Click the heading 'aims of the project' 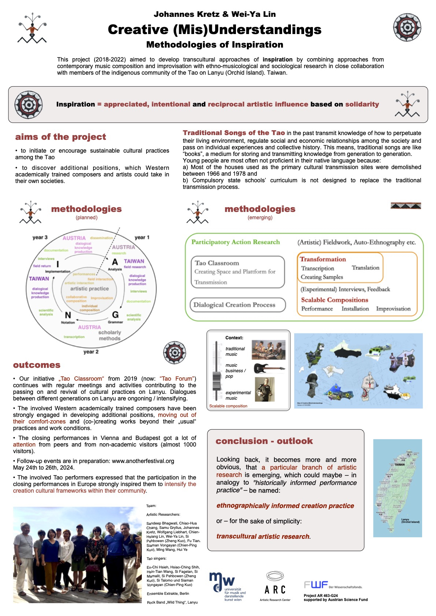60,137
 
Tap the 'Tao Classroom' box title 217,263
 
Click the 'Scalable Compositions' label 335,300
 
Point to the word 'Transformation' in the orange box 323,259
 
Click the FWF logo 316,585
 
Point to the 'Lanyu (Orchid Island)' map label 410,520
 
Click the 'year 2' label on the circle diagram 91,352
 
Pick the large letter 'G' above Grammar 115,315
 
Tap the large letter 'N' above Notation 68,315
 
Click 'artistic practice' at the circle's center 89,289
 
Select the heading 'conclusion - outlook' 264,441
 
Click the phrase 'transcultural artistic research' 263,536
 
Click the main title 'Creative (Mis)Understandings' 215,30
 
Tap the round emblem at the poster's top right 407,27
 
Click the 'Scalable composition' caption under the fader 228,406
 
